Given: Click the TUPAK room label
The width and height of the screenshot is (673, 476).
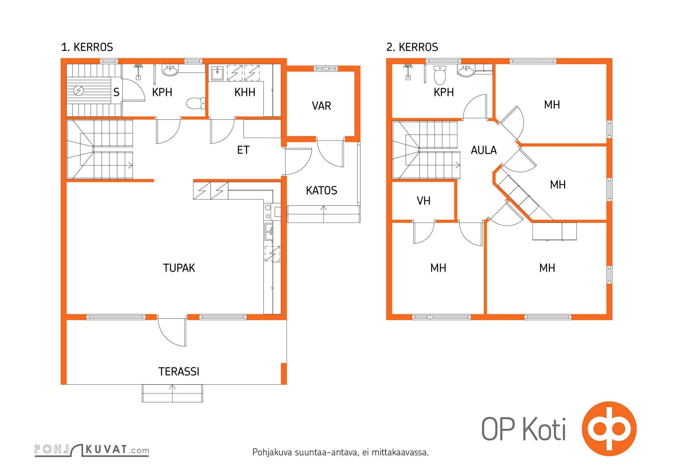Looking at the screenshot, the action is coord(179,268).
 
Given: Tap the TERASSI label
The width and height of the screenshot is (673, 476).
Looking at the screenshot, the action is coord(179,372).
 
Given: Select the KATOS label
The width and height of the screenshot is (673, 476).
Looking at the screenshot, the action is coord(322,190).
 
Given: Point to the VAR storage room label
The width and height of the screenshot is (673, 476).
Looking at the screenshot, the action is coord(321,106).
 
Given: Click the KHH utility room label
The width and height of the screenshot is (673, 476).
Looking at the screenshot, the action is coord(245,92).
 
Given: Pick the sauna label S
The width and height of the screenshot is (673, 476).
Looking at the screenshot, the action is coord(116,92).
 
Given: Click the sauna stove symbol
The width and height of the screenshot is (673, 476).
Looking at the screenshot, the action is coord(79,90).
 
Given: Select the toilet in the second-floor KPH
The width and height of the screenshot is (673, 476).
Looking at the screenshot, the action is coord(440,75).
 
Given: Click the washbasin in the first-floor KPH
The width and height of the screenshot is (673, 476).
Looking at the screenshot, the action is coord(170,70).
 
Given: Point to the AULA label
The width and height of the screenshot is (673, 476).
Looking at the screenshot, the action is coord(484,150).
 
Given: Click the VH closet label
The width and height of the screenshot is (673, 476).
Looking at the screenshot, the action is coord(424,201).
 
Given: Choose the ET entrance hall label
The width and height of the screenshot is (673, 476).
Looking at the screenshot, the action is coord(243,150).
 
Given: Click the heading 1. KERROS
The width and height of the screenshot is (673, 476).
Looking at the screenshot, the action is coord(87,47).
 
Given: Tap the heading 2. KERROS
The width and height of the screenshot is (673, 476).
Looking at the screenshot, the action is coord(412,47).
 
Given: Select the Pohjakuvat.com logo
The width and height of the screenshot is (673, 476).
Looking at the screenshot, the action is coord(92,450).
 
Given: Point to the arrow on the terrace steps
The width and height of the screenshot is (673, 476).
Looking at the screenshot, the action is coord(172,393).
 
